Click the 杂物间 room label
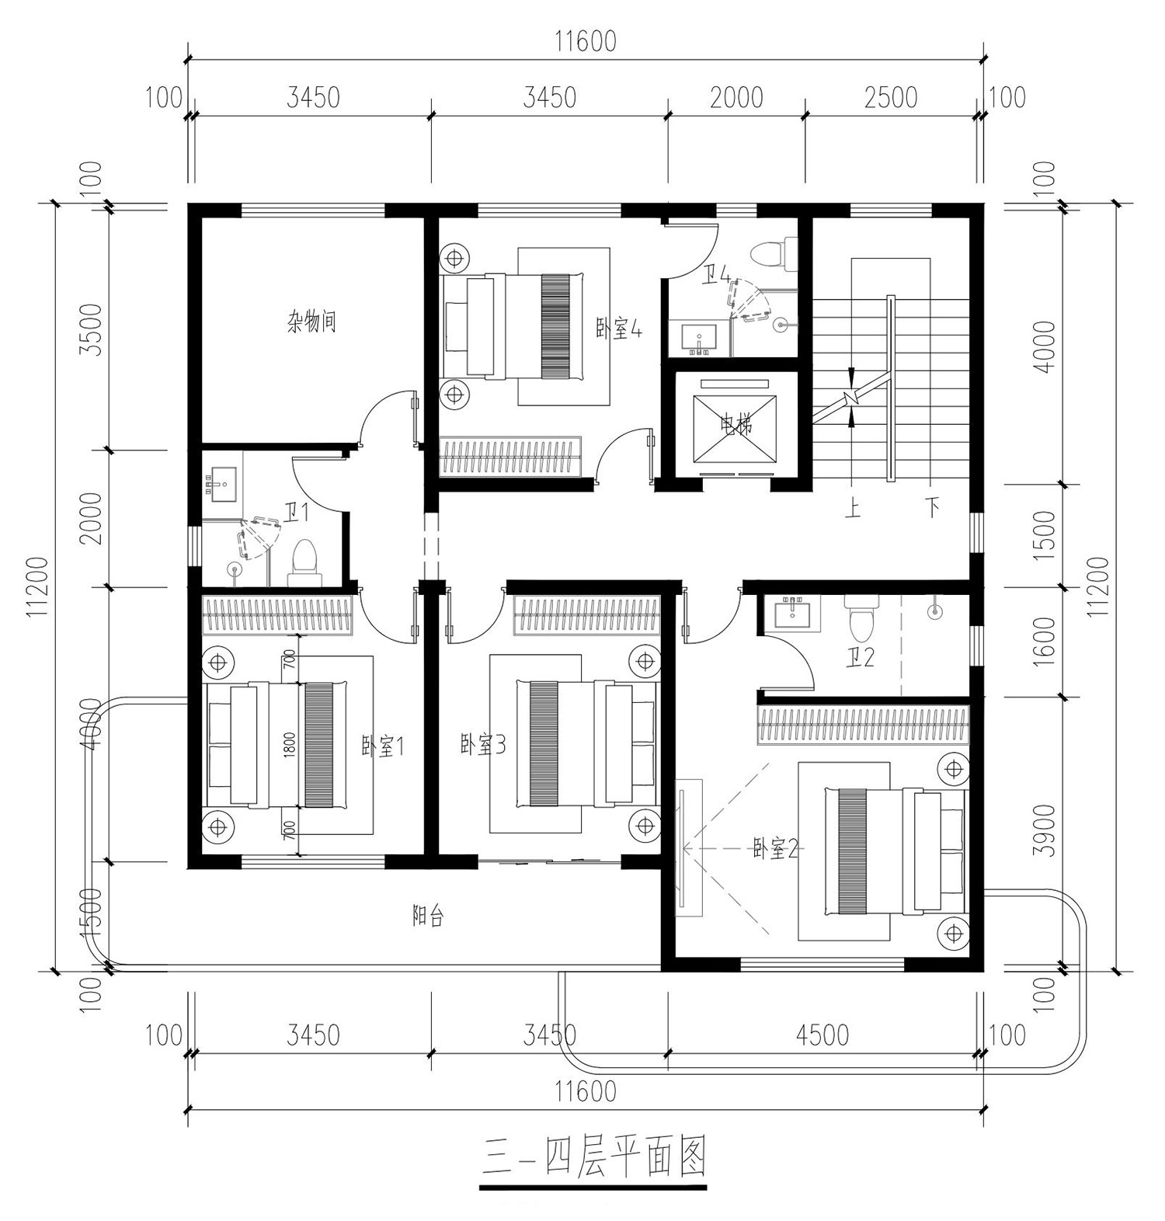[311, 322]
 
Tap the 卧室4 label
[618, 329]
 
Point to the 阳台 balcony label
[427, 917]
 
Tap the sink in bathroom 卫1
[222, 481]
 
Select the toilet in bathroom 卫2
[861, 617]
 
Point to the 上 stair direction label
[853, 509]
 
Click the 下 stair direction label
[933, 509]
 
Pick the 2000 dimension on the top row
[736, 98]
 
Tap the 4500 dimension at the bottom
[822, 1035]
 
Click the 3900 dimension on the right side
[1046, 830]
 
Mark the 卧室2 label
[775, 849]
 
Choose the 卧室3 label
[483, 746]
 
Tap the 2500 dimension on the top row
[890, 98]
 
